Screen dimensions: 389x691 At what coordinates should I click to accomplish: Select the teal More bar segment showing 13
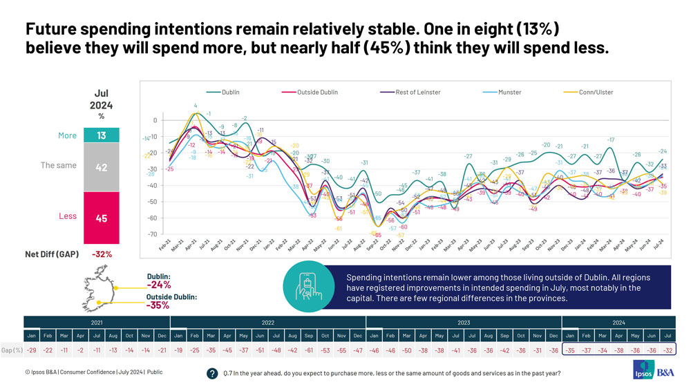click(102, 135)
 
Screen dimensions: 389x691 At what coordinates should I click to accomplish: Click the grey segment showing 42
click(102, 167)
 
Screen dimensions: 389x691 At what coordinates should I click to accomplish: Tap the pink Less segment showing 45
click(102, 217)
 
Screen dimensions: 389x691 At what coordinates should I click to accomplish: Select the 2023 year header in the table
click(463, 322)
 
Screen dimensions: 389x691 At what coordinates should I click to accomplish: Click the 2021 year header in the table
click(97, 322)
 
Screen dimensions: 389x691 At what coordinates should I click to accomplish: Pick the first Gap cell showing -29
click(32, 350)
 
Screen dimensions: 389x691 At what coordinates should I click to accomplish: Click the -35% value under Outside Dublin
click(158, 305)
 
